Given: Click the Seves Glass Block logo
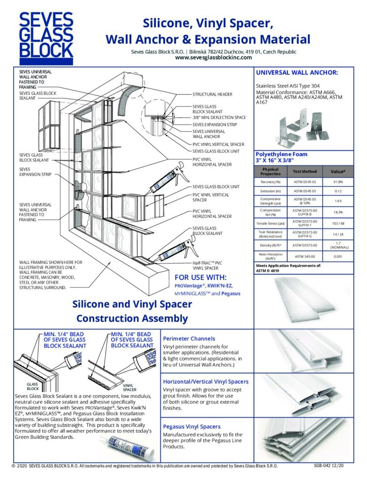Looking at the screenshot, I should [45, 38].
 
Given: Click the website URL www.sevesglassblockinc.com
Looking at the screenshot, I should [213, 58].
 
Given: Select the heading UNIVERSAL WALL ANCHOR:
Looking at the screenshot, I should [296, 73].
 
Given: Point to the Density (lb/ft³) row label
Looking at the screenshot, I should [270, 245].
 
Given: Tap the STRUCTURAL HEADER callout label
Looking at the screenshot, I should [212, 94].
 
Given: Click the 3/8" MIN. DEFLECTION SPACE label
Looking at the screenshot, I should [219, 118].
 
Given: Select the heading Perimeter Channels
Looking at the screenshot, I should [188, 338].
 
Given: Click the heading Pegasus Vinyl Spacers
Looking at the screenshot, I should [191, 427].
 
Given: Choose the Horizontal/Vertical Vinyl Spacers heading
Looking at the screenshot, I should [205, 382].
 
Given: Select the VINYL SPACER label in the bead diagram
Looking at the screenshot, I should [130, 387].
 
